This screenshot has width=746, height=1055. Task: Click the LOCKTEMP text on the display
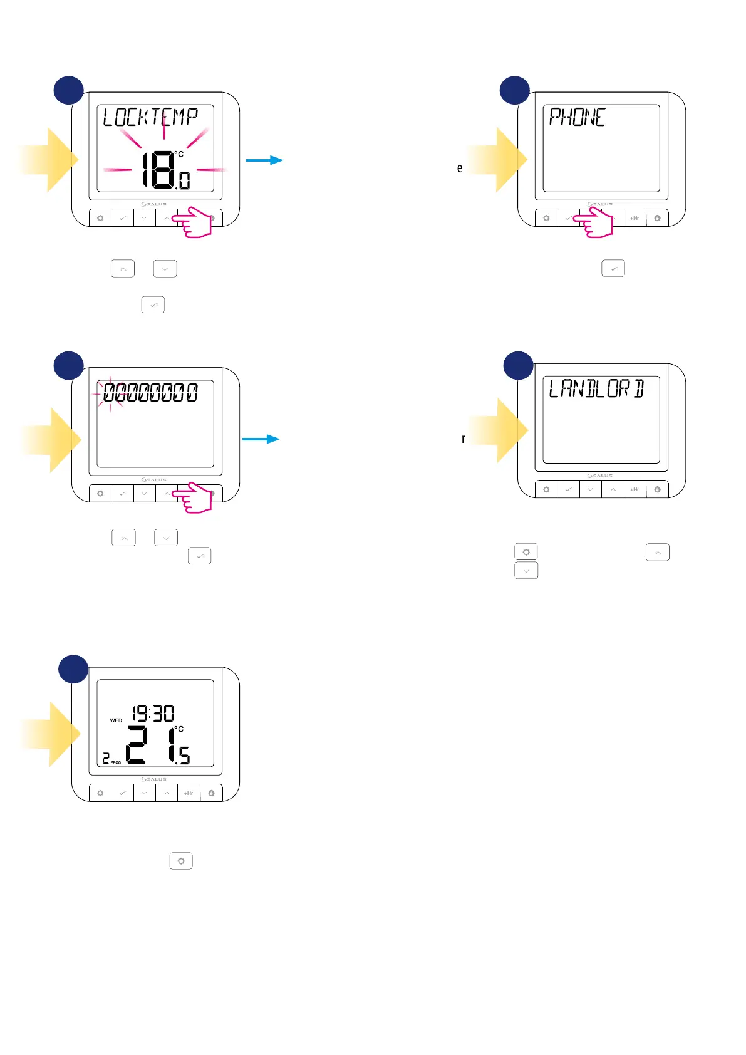[150, 117]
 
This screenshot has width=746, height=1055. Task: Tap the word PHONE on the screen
[577, 117]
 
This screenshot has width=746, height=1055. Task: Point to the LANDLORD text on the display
[596, 389]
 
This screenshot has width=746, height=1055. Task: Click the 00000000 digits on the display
[150, 393]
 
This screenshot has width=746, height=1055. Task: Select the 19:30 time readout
[153, 714]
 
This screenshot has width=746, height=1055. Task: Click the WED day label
[116, 720]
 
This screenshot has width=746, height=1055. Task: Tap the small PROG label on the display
[116, 762]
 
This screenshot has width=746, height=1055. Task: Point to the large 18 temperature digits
[157, 169]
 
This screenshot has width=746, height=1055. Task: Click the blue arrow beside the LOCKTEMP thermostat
[264, 160]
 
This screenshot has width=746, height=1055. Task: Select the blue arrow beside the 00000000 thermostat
[261, 439]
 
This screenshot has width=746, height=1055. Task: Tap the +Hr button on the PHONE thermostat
[635, 218]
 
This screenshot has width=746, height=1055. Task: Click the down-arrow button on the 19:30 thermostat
[145, 793]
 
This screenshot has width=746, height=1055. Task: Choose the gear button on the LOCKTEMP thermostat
[100, 218]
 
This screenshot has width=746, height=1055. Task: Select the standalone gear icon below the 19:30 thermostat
[181, 861]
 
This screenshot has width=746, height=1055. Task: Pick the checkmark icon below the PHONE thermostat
[613, 269]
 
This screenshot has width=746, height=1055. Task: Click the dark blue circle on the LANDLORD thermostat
[519, 365]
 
